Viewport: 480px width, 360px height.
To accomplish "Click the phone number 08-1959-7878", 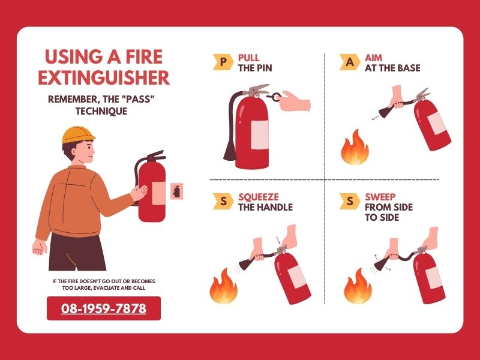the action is coord(104,308).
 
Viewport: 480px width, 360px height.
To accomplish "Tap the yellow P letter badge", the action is coord(223,62).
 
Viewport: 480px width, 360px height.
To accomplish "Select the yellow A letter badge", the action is coord(350,62).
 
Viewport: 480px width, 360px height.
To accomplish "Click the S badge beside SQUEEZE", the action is coord(223,202).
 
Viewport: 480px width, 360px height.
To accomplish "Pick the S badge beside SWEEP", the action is coord(350,202).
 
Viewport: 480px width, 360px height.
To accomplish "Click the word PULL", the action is coord(248,58).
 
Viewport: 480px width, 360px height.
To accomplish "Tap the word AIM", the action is coord(373,58).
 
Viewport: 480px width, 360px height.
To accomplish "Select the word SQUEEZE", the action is coord(259,197).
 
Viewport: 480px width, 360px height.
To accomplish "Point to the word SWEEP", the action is coord(380,197).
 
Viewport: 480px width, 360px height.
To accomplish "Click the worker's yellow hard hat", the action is coord(78,134).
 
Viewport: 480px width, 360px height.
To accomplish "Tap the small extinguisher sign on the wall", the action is coord(176,191).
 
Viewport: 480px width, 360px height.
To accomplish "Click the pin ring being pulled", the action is coord(277,97).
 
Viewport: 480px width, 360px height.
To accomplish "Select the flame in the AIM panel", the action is coord(355,148).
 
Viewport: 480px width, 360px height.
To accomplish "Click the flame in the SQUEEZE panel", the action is coord(223,286).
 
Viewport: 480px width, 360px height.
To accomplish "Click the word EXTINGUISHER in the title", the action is coord(104,78).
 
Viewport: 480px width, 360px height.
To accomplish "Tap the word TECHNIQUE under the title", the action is coord(101,111).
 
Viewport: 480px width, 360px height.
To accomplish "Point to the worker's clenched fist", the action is coord(40,247).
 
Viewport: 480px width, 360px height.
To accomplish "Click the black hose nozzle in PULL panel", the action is coord(230,150).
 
